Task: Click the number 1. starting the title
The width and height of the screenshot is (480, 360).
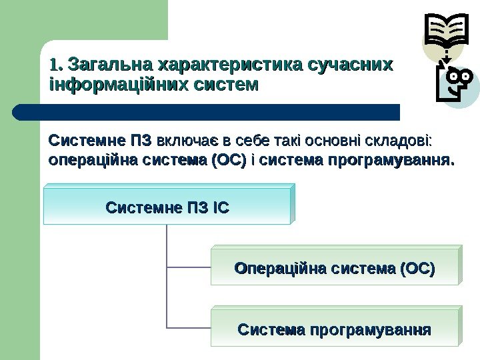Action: [57, 66]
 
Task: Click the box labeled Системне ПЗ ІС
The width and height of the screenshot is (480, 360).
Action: [167, 207]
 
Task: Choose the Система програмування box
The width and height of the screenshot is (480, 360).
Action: [335, 329]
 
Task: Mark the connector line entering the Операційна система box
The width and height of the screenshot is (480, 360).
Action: [189, 267]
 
